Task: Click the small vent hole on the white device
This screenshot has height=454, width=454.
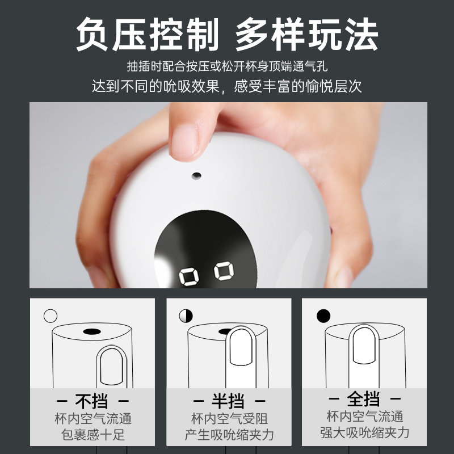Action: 196,175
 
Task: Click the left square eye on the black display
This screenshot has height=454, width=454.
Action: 189,277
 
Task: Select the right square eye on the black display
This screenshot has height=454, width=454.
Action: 224,271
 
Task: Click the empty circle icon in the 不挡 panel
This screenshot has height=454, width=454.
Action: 51,316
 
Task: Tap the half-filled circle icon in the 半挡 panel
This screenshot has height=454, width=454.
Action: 186,316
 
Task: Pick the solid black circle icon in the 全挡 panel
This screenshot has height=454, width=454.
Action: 323,316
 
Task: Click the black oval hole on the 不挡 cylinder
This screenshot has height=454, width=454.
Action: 92,331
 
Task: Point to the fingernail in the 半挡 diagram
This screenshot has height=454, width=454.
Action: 241,347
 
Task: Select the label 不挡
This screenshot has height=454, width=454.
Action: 91,401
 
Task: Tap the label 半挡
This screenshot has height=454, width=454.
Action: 228,401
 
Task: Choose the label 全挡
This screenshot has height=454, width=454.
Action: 363,399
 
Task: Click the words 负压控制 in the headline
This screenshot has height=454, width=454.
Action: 147,35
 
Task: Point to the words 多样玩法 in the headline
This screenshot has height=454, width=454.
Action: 307,35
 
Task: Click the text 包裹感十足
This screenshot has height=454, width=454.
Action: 93,435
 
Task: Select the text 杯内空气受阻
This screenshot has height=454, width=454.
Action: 230,419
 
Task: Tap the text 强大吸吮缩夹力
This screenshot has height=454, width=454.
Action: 365,433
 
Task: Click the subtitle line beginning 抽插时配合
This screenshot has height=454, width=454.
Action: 228,66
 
